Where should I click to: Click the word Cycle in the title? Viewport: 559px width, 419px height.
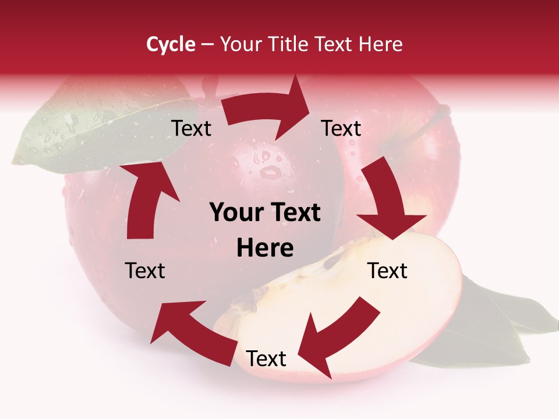(x=171, y=44)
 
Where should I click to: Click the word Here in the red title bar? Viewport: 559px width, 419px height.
(x=381, y=44)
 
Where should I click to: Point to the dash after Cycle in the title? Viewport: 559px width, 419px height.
(x=207, y=45)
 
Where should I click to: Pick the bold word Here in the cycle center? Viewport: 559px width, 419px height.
(x=265, y=248)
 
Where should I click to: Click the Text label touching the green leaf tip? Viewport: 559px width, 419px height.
(x=191, y=128)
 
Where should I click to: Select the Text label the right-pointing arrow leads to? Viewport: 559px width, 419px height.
(x=341, y=128)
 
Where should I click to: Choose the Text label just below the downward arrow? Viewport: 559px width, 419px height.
(x=387, y=271)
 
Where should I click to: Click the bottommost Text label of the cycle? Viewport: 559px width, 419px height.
(x=266, y=358)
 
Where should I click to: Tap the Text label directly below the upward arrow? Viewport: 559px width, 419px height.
(x=145, y=271)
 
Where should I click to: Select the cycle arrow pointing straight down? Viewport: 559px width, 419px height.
(x=387, y=201)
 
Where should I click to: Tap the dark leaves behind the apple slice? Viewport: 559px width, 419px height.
(x=489, y=326)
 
